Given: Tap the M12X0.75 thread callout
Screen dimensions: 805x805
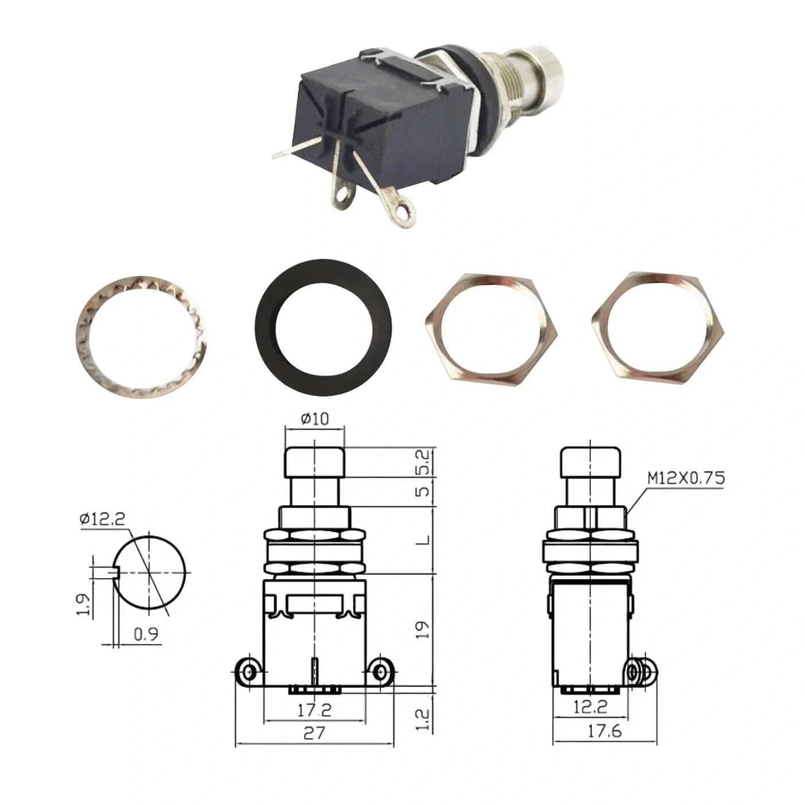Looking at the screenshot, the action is tap(686, 479).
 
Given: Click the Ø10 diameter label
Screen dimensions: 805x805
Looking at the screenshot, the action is tap(314, 419).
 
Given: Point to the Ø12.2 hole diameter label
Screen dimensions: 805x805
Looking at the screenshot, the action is tap(102, 519).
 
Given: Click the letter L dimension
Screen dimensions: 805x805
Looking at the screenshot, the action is tap(423, 540).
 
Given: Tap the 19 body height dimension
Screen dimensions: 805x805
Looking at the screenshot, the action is tap(423, 629).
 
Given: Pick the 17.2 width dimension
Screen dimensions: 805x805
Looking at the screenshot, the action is tap(314, 710).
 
